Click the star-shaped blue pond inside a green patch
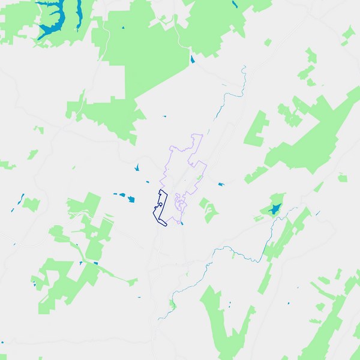pos(274,209)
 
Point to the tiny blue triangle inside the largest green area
pos(122,28)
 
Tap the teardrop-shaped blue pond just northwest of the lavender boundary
pos(137,167)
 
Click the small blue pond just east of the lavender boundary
pos(220,184)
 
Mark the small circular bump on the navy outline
pos(160,204)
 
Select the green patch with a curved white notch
pos(209,210)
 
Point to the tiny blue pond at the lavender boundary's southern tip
pos(182,223)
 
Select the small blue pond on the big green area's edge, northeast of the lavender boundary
pos(192,59)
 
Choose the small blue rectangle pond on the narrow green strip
pos(95,263)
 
